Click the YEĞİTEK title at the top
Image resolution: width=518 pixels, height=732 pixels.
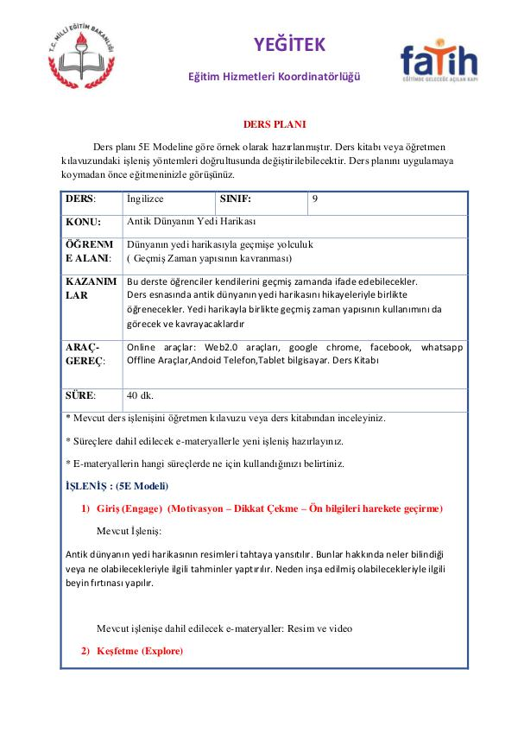click(289, 45)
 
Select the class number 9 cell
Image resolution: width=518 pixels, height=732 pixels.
click(315, 199)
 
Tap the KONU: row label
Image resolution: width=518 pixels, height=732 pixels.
click(83, 222)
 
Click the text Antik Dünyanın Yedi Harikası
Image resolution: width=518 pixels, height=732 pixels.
click(186, 221)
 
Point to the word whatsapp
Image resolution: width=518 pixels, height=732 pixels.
click(440, 347)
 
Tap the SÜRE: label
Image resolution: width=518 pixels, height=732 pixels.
click(81, 395)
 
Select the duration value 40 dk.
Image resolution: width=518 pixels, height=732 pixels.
click(140, 395)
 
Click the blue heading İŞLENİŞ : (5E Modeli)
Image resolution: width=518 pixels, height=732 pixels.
click(117, 485)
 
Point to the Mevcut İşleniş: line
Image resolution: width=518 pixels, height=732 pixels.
click(129, 530)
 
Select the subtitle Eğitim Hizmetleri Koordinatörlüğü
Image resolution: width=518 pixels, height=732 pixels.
click(275, 77)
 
